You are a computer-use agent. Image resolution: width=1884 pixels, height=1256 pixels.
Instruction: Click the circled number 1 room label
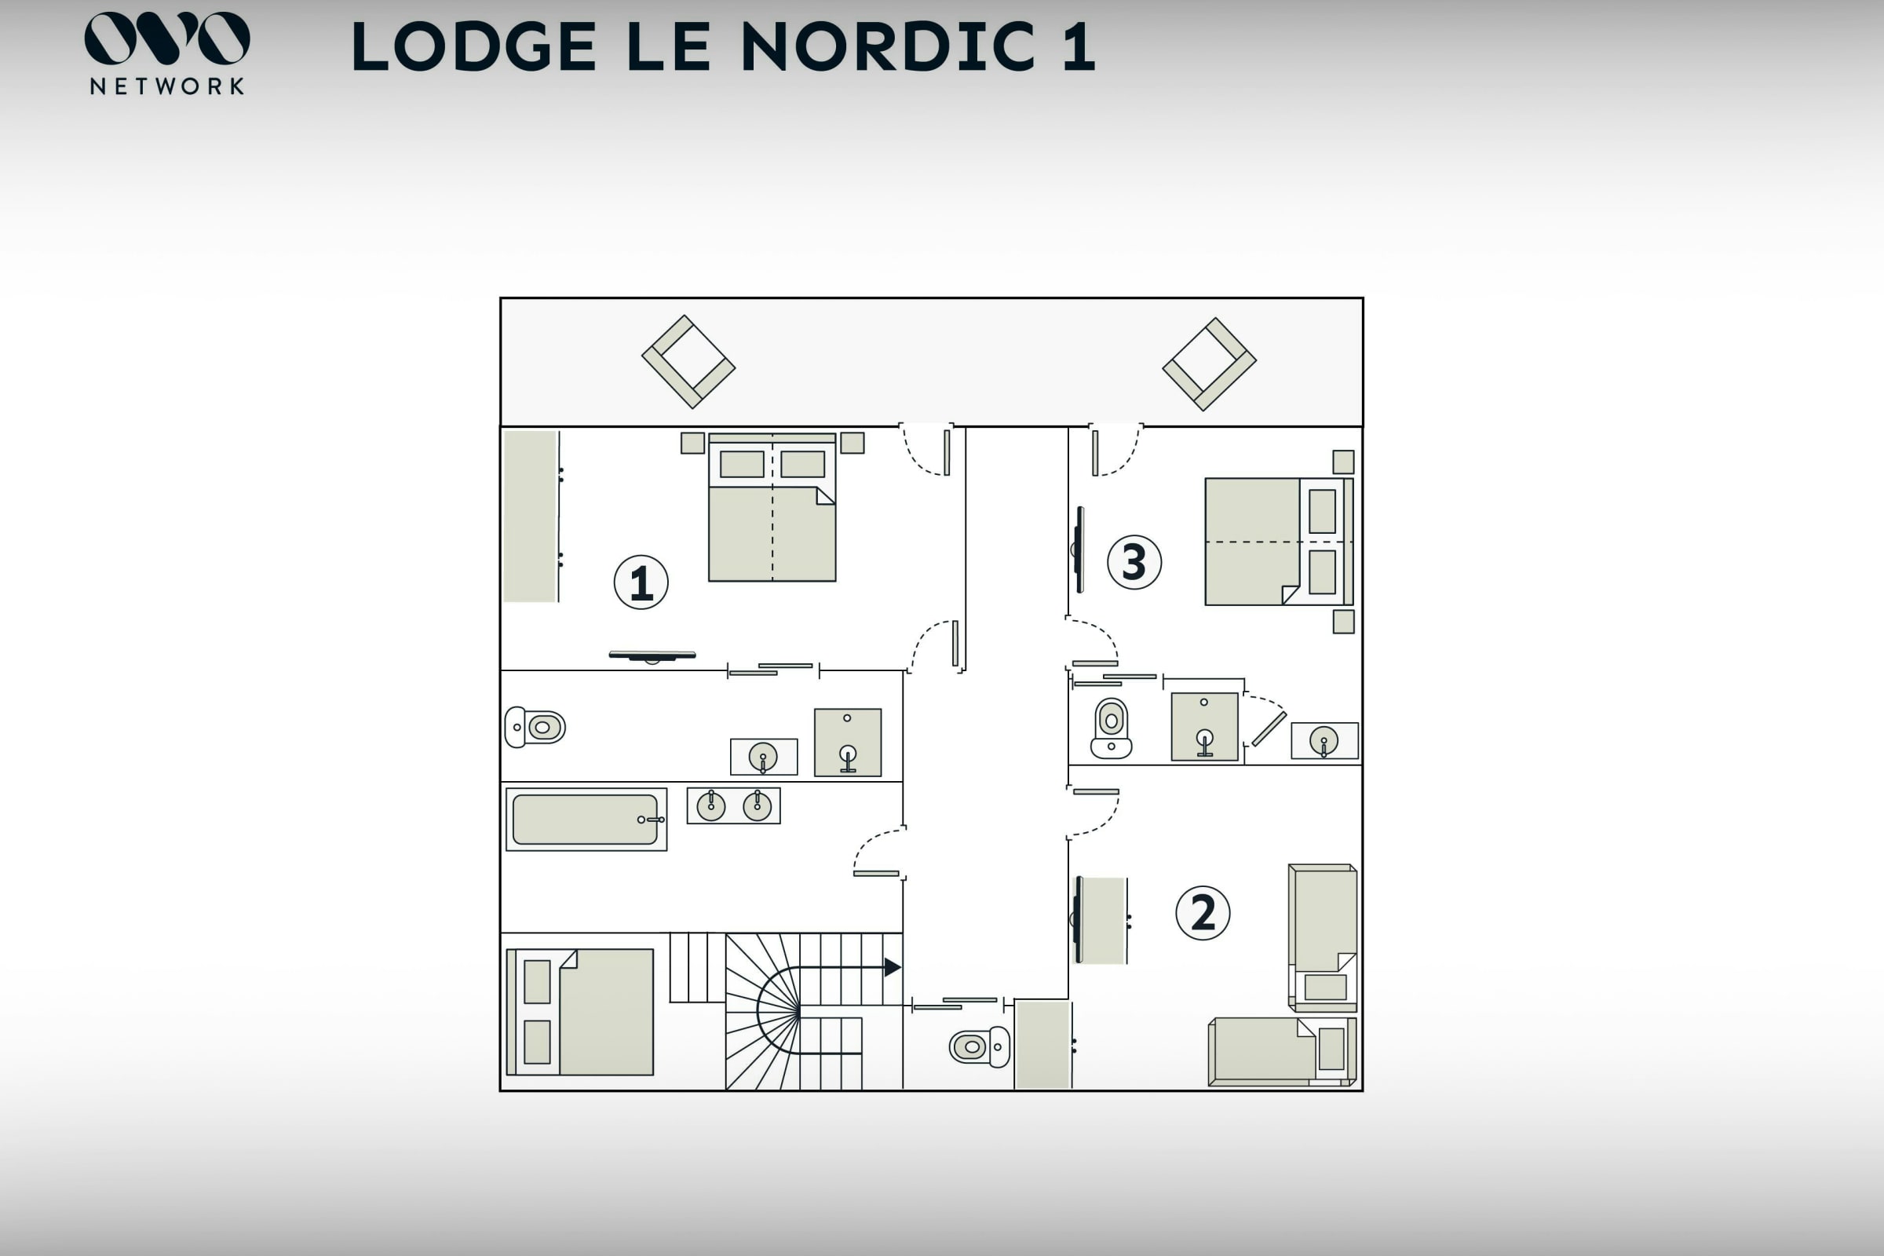[x=641, y=582]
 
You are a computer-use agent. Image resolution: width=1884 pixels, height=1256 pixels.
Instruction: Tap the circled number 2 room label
[x=1203, y=913]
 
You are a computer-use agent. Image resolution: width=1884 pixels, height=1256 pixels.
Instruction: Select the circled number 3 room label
[x=1134, y=562]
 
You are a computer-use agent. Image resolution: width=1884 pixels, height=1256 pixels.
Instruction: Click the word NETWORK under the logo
[x=166, y=86]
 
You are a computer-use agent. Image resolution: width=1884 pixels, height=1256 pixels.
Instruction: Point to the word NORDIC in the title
[x=888, y=46]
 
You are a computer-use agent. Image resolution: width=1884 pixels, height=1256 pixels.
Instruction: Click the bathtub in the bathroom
[x=586, y=820]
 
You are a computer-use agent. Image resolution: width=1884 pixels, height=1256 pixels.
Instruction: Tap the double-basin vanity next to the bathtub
[x=734, y=806]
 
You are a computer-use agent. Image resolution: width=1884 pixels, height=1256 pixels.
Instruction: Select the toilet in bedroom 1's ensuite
[x=535, y=728]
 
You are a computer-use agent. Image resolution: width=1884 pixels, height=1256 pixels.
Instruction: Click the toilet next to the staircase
[x=980, y=1047]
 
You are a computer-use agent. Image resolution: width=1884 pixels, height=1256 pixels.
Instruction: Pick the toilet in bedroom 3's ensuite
[x=1111, y=728]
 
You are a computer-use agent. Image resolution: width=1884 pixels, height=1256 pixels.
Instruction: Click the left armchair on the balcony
[x=688, y=362]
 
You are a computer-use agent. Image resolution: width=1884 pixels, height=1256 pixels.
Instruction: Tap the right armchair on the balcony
[x=1210, y=364]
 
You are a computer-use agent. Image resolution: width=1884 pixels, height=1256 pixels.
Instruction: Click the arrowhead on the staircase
[x=893, y=968]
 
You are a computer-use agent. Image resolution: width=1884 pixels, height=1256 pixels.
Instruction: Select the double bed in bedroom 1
[x=772, y=507]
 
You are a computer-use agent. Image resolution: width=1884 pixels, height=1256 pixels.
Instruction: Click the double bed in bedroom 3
[x=1280, y=542]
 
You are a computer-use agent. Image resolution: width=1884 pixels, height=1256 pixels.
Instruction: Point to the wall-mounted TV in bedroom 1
[x=652, y=656]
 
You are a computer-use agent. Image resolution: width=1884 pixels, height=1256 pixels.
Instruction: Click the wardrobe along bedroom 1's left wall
[x=531, y=517]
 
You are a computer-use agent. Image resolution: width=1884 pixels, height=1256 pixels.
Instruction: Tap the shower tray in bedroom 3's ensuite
[x=1205, y=727]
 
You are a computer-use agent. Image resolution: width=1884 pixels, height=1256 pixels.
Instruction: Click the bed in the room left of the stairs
[x=581, y=1013]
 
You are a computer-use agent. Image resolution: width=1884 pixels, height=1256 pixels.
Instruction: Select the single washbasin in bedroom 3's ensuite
[x=1325, y=741]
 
